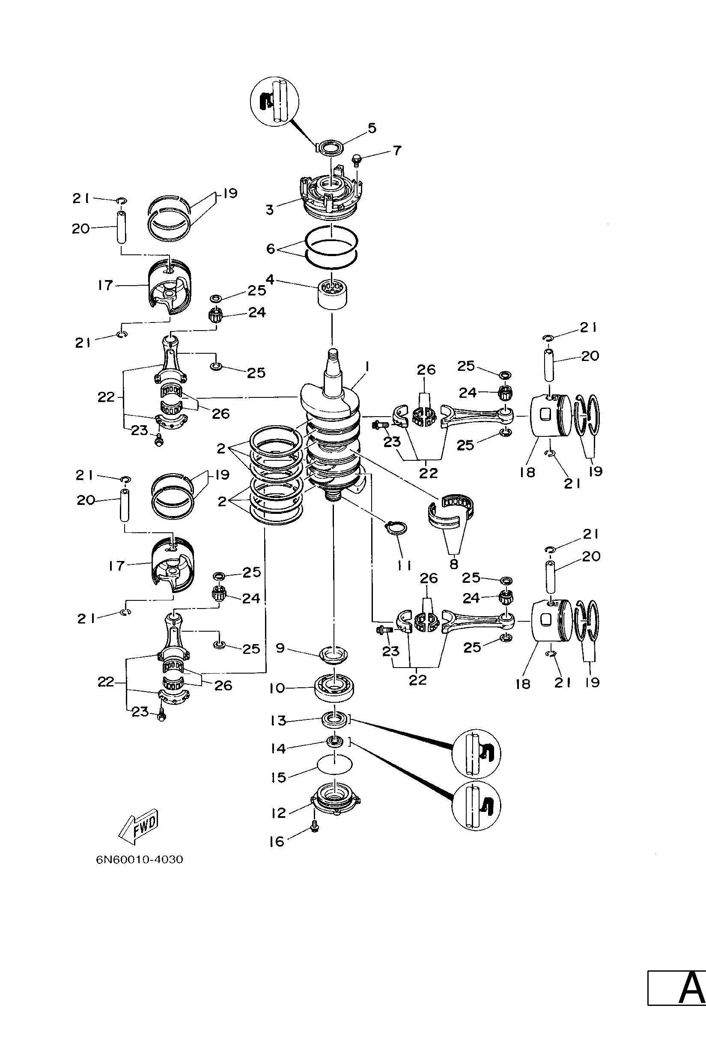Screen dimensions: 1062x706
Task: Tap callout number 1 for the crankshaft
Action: point(367,368)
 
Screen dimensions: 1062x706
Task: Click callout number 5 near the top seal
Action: point(372,128)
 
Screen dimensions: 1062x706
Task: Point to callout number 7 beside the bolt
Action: point(396,150)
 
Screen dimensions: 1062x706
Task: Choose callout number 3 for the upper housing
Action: point(270,210)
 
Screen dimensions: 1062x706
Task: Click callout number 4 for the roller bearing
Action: point(270,280)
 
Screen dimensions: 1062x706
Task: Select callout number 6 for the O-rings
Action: point(271,249)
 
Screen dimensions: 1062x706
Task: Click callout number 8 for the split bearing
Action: point(454,564)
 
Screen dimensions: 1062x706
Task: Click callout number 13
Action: point(278,721)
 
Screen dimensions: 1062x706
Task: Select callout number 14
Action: point(278,749)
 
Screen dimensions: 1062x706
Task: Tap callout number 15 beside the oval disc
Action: point(279,777)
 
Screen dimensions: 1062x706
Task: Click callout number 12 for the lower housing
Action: point(279,813)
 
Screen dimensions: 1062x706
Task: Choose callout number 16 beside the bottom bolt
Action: point(277,842)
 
